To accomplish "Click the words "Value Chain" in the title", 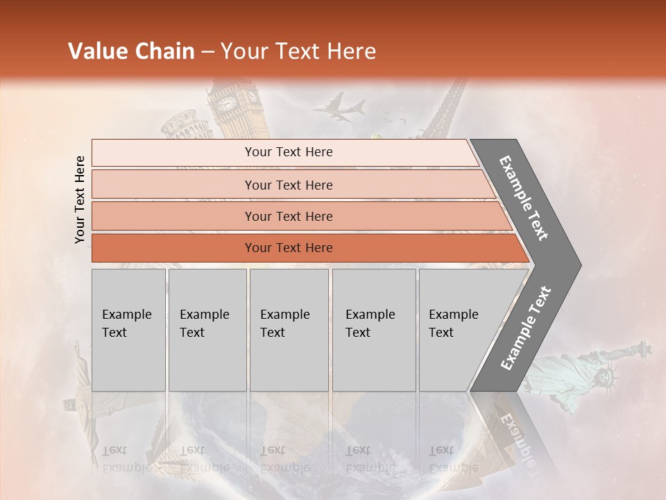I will (131, 51).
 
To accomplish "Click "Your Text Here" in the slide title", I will (298, 51).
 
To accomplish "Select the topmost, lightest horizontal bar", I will (284, 152).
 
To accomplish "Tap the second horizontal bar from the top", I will (289, 185).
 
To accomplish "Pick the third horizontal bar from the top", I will (289, 216).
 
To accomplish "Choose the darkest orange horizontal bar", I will (289, 248).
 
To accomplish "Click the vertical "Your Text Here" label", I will (80, 199).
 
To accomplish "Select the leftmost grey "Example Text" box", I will (128, 329).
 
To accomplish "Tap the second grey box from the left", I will (207, 329).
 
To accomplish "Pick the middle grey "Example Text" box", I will (289, 329).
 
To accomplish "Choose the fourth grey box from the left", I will (373, 329).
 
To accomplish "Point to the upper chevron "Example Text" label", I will (524, 197).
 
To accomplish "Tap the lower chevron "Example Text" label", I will (526, 328).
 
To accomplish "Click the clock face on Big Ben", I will (227, 103).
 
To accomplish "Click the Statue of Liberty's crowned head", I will (608, 376).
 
